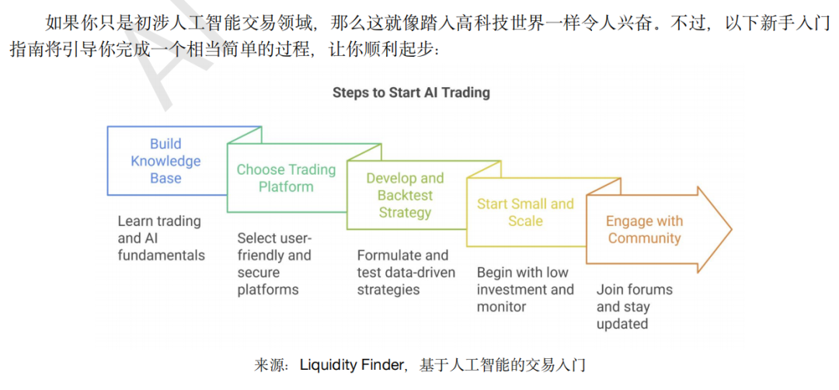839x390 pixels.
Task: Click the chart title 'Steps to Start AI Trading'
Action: (411, 92)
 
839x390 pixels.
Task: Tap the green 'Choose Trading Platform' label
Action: (286, 178)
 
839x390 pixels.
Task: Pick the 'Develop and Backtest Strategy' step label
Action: (405, 195)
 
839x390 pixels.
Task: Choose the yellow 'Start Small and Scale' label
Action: (525, 212)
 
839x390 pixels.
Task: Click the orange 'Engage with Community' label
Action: (644, 229)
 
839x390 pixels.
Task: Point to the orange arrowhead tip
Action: (732, 230)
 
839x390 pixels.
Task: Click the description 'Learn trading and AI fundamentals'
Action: (161, 238)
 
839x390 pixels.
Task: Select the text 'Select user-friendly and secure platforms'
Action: (274, 263)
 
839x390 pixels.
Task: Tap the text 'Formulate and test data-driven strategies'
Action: (406, 273)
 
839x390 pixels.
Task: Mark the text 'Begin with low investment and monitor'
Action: (525, 290)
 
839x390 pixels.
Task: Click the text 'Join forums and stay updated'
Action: (635, 307)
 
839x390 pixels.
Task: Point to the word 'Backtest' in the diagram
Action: (405, 195)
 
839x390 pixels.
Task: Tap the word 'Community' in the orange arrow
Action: (644, 238)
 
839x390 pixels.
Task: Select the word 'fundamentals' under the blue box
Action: (161, 255)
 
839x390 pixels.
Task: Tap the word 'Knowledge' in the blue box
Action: (166, 161)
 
